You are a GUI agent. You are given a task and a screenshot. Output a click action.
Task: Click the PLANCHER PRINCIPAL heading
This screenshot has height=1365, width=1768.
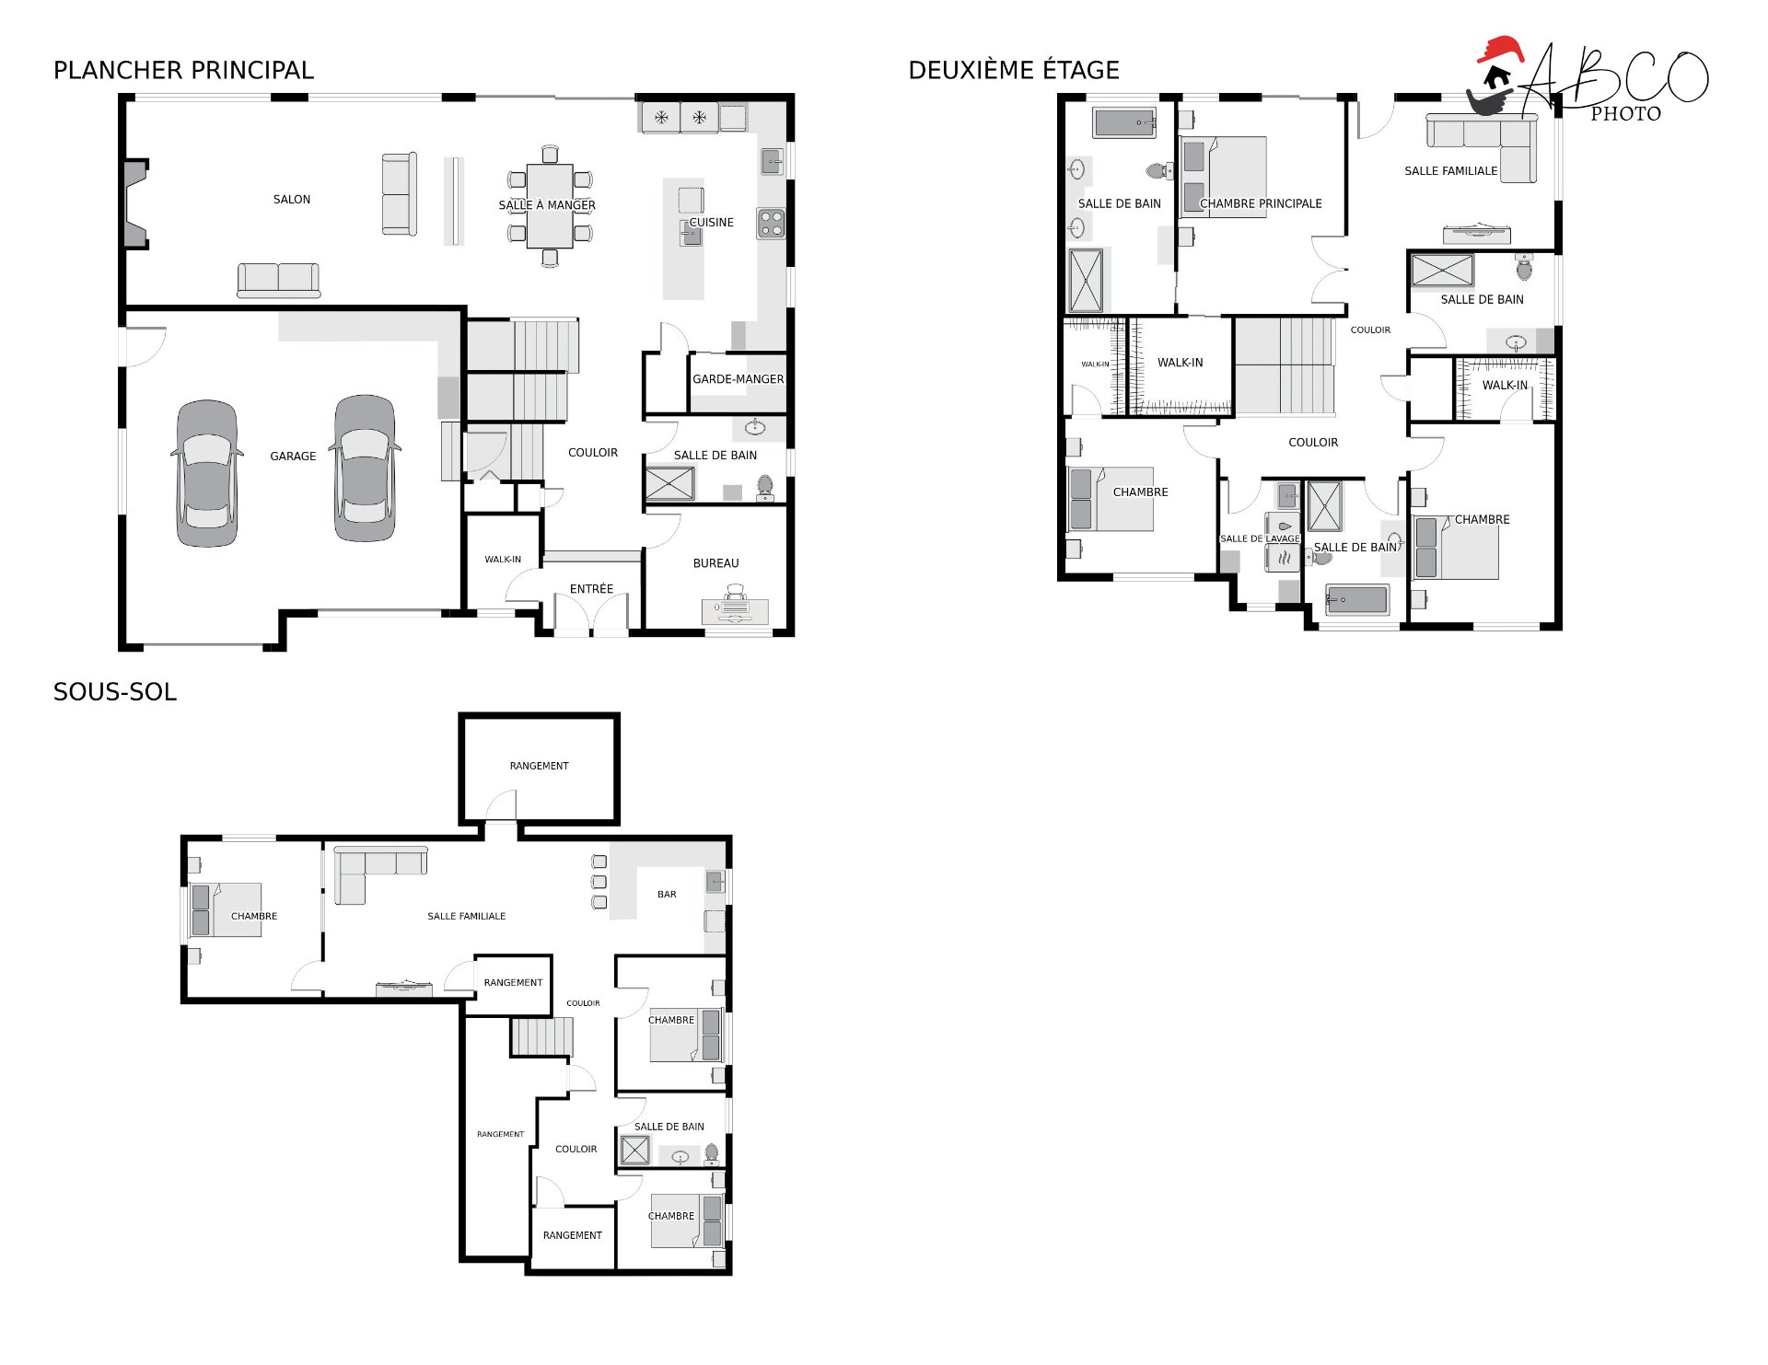pyautogui.click(x=183, y=70)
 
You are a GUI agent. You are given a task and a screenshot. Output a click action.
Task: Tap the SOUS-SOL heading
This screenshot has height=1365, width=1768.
pyautogui.click(x=115, y=692)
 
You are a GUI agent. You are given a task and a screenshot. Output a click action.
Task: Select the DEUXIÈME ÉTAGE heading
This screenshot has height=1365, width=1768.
pyautogui.click(x=1014, y=70)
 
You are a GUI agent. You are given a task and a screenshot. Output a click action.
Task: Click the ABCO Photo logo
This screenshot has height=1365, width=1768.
pyautogui.click(x=1588, y=80)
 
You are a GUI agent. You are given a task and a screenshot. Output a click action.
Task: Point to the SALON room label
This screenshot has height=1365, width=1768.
pyautogui.click(x=292, y=199)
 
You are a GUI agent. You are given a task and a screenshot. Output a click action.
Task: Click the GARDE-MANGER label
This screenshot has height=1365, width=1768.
pyautogui.click(x=739, y=379)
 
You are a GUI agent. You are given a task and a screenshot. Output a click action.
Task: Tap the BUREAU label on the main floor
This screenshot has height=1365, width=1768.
pyautogui.click(x=716, y=563)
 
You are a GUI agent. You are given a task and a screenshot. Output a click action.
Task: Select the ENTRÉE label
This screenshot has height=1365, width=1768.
pyautogui.click(x=591, y=589)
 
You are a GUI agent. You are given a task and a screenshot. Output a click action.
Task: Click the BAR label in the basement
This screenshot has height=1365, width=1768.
pyautogui.click(x=667, y=895)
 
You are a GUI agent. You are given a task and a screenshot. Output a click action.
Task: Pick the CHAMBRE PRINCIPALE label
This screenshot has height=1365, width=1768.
pyautogui.click(x=1261, y=203)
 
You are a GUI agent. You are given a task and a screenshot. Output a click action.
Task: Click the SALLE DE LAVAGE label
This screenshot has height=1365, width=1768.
pyautogui.click(x=1260, y=539)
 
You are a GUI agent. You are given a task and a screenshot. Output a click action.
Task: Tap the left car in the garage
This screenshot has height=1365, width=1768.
pyautogui.click(x=207, y=473)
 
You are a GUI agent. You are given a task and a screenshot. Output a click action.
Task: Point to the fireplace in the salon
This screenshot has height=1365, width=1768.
pyautogui.click(x=134, y=203)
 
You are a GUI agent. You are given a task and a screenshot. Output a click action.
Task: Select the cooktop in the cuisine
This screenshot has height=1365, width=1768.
pyautogui.click(x=771, y=224)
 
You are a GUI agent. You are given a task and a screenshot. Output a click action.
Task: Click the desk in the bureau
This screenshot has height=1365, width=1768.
pyautogui.click(x=735, y=610)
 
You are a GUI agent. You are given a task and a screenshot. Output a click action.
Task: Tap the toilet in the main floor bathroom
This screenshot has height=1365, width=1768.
pyautogui.click(x=765, y=488)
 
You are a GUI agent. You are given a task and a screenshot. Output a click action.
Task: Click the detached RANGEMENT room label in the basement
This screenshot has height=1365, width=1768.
pyautogui.click(x=540, y=766)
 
